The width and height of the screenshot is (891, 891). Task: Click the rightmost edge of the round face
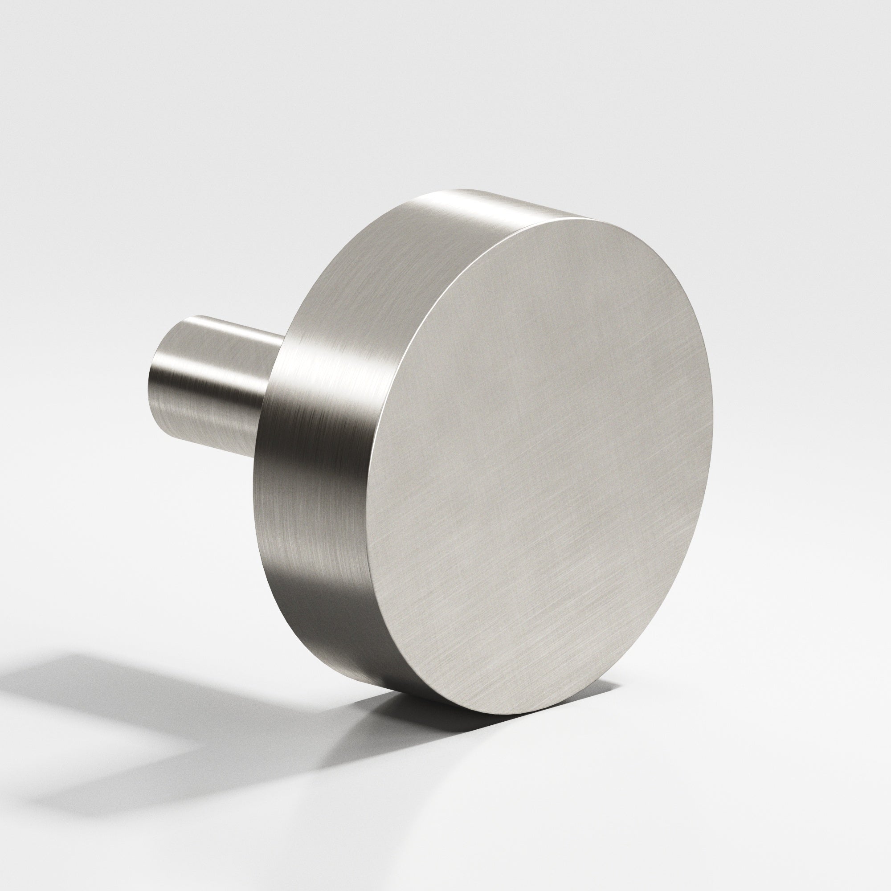(x=712, y=415)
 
